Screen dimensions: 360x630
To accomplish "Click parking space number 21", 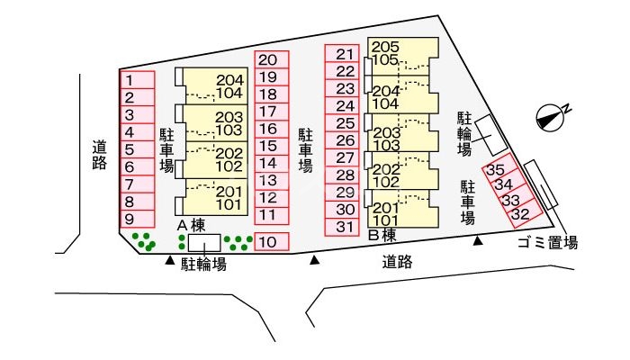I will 343,54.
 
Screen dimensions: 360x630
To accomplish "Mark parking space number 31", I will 343,227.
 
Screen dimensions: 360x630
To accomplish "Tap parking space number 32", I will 520,214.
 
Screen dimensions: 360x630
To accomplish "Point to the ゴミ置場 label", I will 546,243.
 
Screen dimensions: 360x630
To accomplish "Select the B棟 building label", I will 382,235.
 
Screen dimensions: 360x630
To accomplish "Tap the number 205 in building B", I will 384,47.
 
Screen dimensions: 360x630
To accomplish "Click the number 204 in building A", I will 229,79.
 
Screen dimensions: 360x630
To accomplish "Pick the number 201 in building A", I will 229,191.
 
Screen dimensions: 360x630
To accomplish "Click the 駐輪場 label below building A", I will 203,264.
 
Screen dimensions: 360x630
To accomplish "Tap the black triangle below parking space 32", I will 478,240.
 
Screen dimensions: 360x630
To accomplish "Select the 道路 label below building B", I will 397,262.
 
